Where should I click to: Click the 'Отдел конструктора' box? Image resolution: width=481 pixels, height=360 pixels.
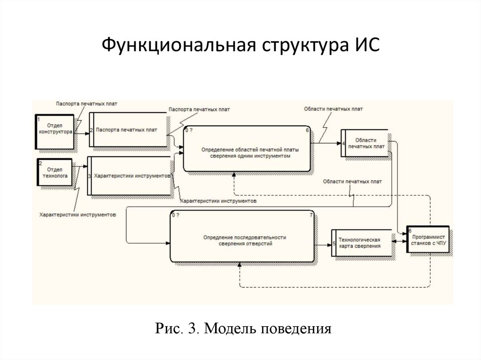pyautogui.click(x=55, y=131)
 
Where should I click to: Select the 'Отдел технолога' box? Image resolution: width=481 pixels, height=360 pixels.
pyautogui.click(x=55, y=173)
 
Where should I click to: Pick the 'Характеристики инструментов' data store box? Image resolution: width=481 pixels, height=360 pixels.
pyautogui.click(x=130, y=176)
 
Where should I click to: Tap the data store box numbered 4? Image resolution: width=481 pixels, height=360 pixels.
pyautogui.click(x=364, y=144)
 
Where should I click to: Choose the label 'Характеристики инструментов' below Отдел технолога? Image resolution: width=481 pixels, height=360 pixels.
pyautogui.click(x=78, y=214)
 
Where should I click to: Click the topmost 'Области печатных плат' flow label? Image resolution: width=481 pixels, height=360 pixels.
pyautogui.click(x=333, y=108)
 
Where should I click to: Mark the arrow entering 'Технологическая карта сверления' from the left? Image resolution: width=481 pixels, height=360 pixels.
pyautogui.click(x=323, y=244)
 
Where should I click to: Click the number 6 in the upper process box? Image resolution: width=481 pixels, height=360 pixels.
pyautogui.click(x=307, y=130)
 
